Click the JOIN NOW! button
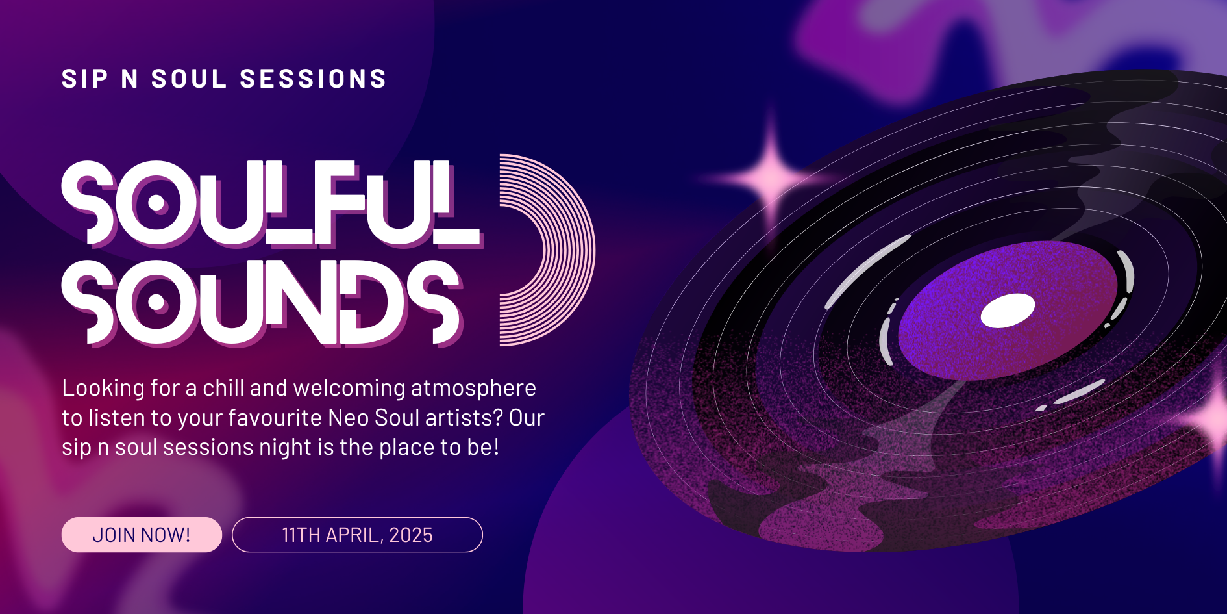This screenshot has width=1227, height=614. coord(142,535)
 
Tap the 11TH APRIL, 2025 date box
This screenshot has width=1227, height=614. coord(357,535)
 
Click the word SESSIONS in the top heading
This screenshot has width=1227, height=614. coord(314,79)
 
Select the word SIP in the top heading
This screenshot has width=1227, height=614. coord(85,79)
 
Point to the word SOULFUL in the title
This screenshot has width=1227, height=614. coord(273,203)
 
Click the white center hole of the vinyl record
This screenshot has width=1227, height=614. coord(1008,311)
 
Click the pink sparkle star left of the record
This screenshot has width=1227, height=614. coord(771,177)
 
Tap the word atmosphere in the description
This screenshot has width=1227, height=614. coord(473,388)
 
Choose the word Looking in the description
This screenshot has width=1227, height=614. coord(103,388)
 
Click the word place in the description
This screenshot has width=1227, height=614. coord(406,447)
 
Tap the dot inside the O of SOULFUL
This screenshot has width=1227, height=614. coord(156,203)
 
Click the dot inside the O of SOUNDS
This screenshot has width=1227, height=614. coord(156,302)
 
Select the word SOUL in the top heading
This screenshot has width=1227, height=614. coord(189,79)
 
